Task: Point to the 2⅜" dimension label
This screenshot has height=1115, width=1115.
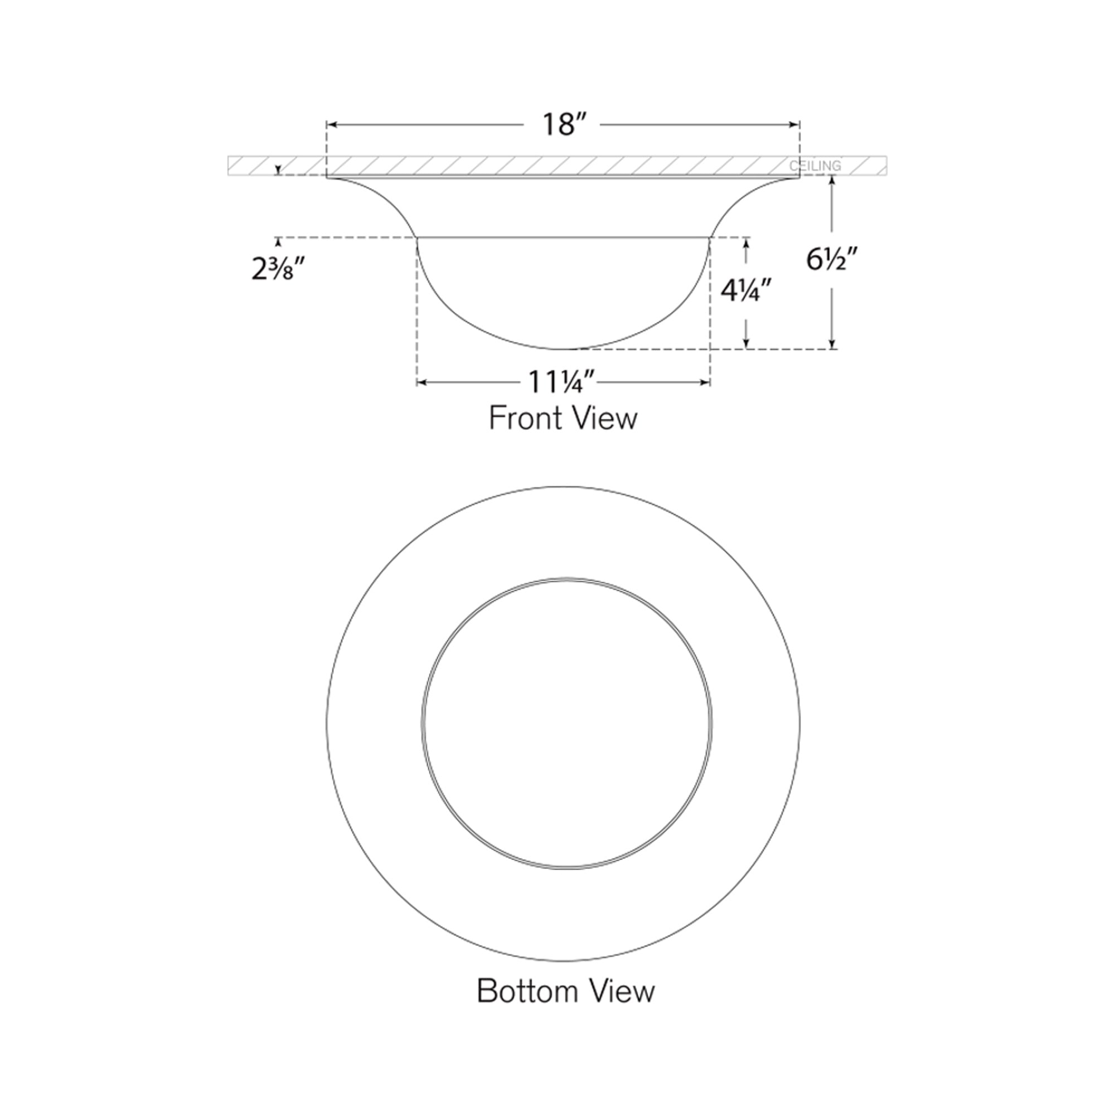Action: [x=278, y=270]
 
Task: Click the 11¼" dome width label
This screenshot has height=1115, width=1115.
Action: [x=563, y=382]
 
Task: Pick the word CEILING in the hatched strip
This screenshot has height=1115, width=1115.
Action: [x=815, y=166]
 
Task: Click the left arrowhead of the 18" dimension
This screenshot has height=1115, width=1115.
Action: [x=331, y=124]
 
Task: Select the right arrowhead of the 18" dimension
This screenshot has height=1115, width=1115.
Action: [x=796, y=124]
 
